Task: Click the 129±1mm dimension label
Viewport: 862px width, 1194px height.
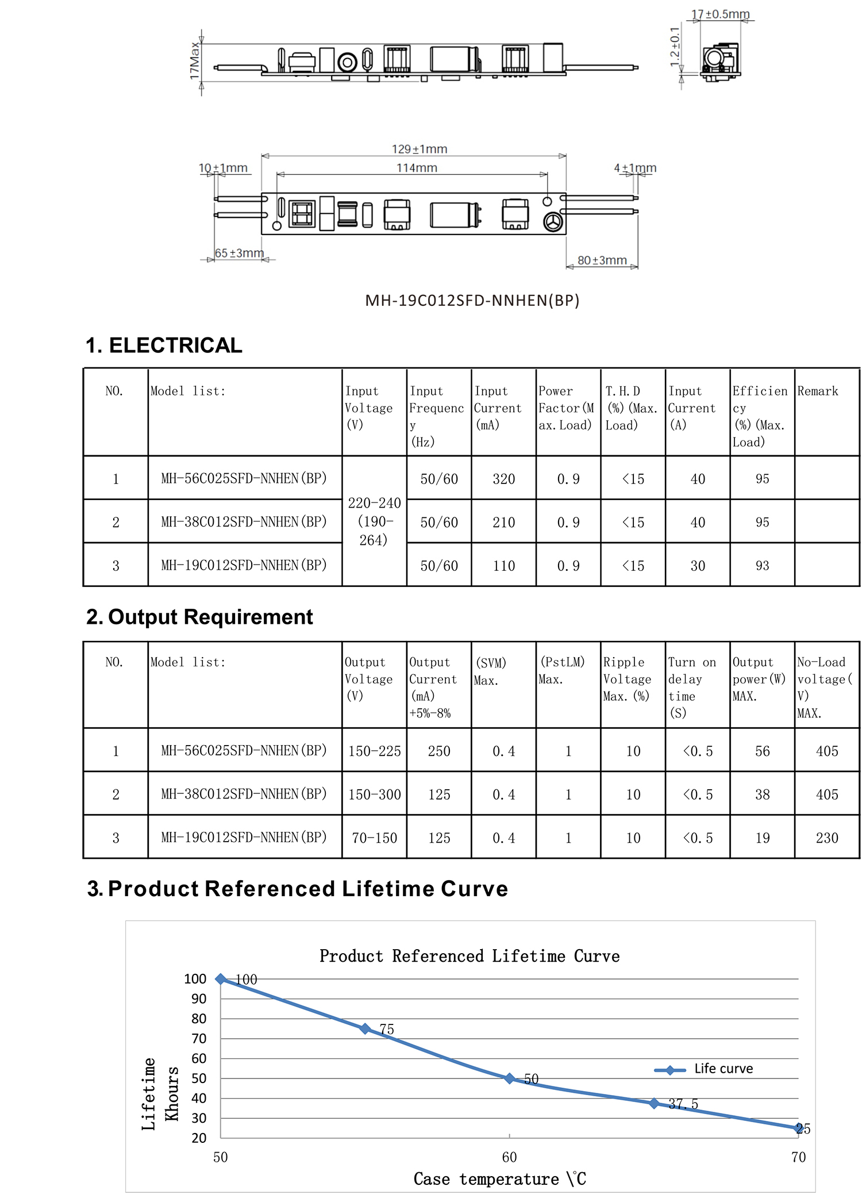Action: pyautogui.click(x=420, y=149)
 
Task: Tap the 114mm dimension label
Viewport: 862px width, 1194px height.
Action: pyautogui.click(x=417, y=168)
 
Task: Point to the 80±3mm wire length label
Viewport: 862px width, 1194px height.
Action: pyautogui.click(x=602, y=260)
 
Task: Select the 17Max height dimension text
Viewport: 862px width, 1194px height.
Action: pyautogui.click(x=195, y=60)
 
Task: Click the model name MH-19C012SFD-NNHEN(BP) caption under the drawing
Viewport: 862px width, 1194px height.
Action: pyautogui.click(x=472, y=301)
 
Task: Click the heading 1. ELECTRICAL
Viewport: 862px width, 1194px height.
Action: pyautogui.click(x=164, y=345)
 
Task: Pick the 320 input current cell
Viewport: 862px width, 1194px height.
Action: pyautogui.click(x=503, y=479)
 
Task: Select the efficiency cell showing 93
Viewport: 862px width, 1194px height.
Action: pyautogui.click(x=762, y=566)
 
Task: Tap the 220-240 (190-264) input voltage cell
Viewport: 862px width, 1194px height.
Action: pyautogui.click(x=374, y=521)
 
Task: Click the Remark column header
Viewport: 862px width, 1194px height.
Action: pyautogui.click(x=817, y=391)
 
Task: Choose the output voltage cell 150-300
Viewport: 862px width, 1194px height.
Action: pyautogui.click(x=374, y=794)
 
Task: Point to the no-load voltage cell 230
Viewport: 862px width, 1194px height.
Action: pyautogui.click(x=827, y=838)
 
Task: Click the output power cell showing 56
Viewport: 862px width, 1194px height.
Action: pyautogui.click(x=762, y=751)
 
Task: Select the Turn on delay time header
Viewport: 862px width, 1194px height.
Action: pyautogui.click(x=692, y=688)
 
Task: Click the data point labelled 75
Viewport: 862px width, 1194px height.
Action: pyautogui.click(x=365, y=1028)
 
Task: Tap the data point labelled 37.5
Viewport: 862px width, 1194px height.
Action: pyautogui.click(x=654, y=1103)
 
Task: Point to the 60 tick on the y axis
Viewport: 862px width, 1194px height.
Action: pyautogui.click(x=199, y=1058)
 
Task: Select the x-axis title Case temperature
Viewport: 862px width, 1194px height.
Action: pyautogui.click(x=499, y=1179)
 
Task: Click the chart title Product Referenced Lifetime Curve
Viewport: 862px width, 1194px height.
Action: pyautogui.click(x=470, y=956)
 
